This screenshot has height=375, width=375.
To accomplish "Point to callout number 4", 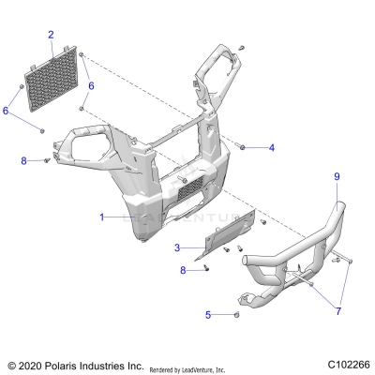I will point(272,147).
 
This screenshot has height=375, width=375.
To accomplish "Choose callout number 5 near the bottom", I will point(208,314).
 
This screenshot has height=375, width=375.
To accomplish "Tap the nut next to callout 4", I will point(243,147).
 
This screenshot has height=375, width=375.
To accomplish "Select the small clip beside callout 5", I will point(236,315).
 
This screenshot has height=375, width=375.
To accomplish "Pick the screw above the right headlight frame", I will point(242,45).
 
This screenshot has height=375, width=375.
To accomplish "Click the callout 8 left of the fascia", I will point(24,161).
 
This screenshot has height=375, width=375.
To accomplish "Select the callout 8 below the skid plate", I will point(184,270).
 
